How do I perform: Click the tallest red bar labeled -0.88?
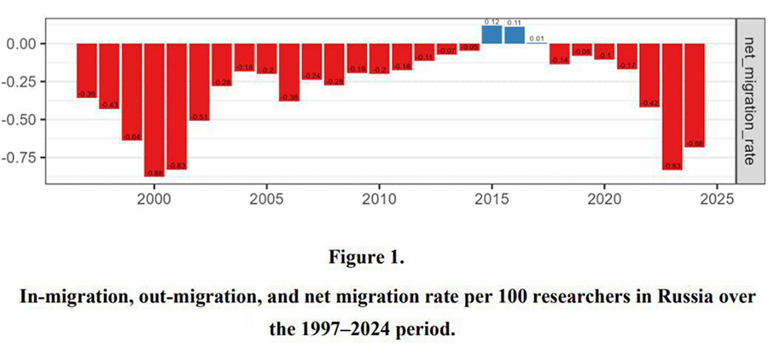tap(154, 109)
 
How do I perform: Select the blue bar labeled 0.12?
tap(492, 34)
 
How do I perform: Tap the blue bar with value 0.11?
tap(515, 35)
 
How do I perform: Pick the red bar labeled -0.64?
tap(131, 91)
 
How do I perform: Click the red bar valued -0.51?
tap(199, 81)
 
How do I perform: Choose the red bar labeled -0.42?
tap(649, 75)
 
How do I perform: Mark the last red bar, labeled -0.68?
tap(695, 95)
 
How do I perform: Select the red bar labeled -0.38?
tap(289, 73)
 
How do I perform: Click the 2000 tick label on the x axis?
tap(154, 201)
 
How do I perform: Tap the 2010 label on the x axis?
tap(379, 201)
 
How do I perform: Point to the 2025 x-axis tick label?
tap(717, 201)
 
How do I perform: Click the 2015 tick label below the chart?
tap(492, 201)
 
